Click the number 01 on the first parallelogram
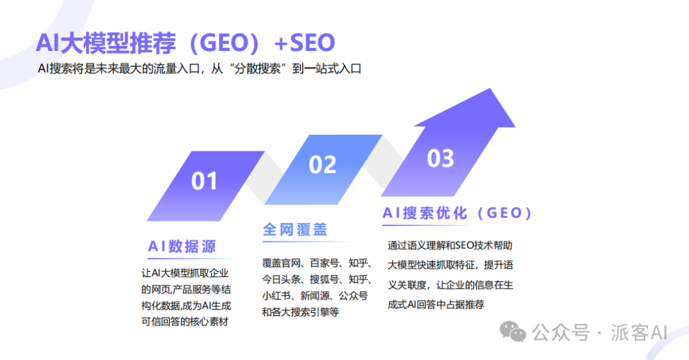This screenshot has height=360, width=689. tap(204, 181)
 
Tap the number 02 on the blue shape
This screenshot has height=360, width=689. tap(322, 165)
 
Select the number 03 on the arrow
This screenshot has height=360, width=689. tap(440, 158)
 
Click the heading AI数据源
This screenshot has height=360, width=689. tap(182, 246)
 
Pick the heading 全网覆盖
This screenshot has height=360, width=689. tap(295, 230)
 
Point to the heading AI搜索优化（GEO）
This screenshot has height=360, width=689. tap(457, 213)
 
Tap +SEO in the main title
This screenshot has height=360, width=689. tap(304, 43)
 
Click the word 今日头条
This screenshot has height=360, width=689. tap(281, 279)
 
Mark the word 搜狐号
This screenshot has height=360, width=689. tap(325, 279)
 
